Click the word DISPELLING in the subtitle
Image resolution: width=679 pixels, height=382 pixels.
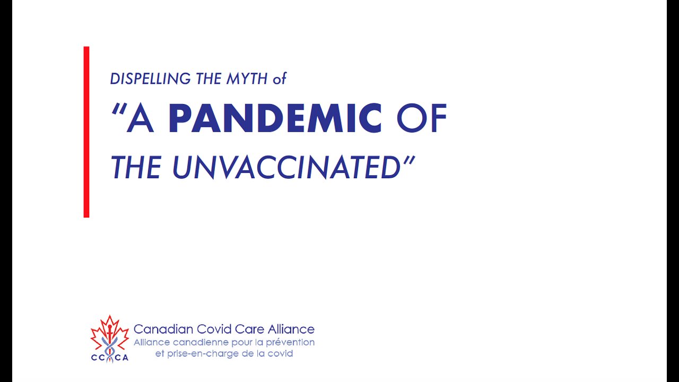[150, 79]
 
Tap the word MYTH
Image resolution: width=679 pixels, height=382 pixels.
[247, 79]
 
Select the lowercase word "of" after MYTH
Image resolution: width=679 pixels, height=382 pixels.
[280, 79]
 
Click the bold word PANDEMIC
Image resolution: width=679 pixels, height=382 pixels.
[275, 118]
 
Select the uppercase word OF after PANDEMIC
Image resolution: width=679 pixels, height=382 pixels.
[422, 118]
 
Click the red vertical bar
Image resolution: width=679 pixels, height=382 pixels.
[86, 132]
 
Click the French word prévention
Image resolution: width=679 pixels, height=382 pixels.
[290, 343]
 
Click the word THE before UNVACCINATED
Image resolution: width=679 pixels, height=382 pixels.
[136, 167]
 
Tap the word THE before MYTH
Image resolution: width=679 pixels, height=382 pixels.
[208, 79]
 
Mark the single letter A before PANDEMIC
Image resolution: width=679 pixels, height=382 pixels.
[140, 118]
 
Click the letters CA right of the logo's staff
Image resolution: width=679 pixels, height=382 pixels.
[121, 358]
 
